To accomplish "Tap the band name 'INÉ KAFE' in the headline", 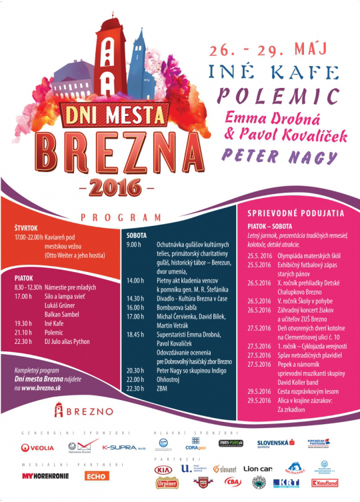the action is click(x=281, y=72).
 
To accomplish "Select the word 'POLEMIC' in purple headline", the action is click(x=283, y=93).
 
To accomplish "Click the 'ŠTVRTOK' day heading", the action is click(x=27, y=229).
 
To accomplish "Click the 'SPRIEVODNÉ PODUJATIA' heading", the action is click(x=295, y=214).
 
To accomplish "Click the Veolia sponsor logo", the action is click(x=37, y=447).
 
